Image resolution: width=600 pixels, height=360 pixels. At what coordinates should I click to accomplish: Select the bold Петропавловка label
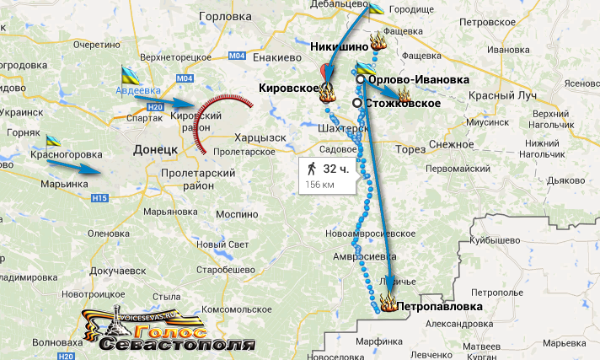441,307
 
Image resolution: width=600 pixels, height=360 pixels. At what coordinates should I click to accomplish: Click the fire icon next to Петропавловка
388,302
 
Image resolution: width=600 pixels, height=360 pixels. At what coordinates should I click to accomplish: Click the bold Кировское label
289,88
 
